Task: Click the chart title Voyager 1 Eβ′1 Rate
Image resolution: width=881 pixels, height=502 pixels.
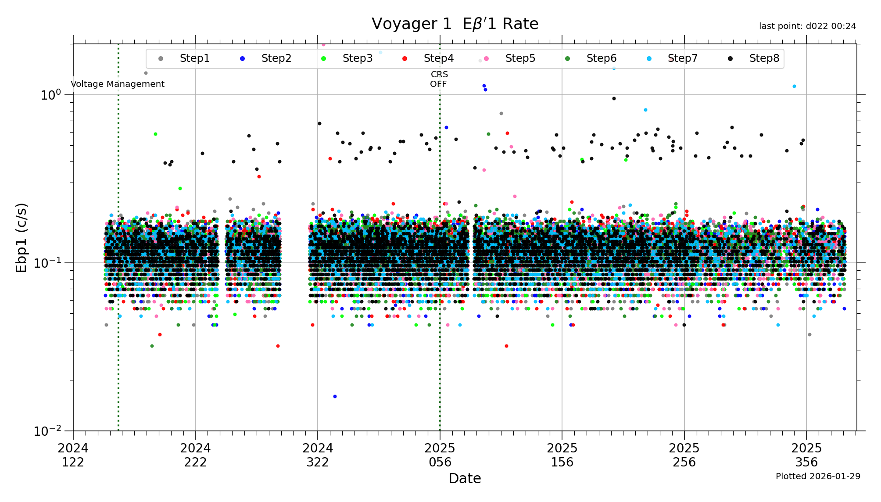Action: (455, 24)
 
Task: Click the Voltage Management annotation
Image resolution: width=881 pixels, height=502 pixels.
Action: (118, 84)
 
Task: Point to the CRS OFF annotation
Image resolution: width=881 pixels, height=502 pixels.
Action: (439, 79)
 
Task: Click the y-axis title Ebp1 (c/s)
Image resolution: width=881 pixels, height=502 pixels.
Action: (21, 237)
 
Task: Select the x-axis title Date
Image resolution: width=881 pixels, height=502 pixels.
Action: (465, 478)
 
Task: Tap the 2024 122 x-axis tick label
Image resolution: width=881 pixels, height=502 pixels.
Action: (73, 455)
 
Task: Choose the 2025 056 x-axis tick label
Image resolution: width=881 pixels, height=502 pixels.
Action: (440, 455)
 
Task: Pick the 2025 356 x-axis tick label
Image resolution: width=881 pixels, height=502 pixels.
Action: (806, 455)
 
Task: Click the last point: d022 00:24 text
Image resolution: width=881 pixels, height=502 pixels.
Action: (807, 26)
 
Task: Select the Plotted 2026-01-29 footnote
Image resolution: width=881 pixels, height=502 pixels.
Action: (818, 476)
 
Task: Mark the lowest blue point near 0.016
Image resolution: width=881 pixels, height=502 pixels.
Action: (335, 396)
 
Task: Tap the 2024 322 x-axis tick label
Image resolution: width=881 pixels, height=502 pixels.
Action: (318, 455)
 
